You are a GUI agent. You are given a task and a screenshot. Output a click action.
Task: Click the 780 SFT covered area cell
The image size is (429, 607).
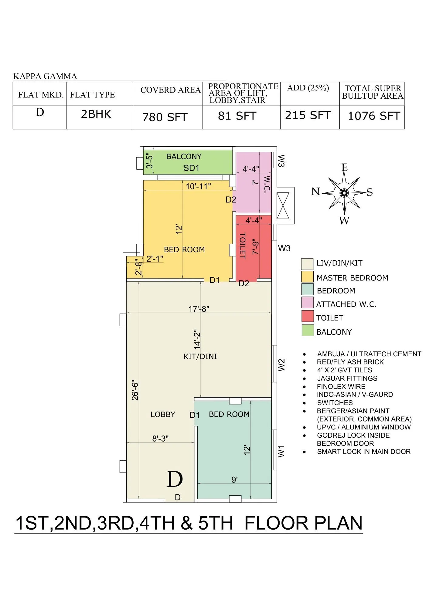click(165, 117)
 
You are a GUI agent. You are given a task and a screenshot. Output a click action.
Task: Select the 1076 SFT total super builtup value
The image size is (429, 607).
click(374, 116)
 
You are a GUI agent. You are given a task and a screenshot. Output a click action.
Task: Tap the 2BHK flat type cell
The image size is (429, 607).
click(96, 114)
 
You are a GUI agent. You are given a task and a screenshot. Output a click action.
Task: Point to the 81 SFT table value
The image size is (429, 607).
click(237, 116)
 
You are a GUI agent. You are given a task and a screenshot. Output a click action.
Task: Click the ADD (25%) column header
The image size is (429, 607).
click(308, 88)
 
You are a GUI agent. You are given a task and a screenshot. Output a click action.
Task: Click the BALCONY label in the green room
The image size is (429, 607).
click(184, 157)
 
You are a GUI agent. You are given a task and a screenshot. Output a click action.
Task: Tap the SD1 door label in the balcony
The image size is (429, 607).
click(191, 168)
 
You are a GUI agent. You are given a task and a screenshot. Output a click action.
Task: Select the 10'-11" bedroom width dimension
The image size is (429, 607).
click(198, 186)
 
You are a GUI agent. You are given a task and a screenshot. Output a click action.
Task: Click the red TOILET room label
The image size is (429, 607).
click(242, 246)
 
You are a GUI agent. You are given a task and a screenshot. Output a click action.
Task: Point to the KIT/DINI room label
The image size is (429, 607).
click(200, 357)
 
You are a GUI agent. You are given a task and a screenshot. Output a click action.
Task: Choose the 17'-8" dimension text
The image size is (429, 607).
click(199, 309)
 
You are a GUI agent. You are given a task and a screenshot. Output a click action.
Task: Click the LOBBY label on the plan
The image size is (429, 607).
click(163, 415)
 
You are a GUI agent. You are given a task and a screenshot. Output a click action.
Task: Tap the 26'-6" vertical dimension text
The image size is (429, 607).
click(135, 391)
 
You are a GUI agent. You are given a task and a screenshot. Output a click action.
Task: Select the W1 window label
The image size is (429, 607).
click(281, 451)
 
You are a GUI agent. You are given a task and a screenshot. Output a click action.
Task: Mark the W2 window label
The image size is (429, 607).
click(281, 365)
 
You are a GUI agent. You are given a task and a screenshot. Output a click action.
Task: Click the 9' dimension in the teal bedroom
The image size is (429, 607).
click(234, 480)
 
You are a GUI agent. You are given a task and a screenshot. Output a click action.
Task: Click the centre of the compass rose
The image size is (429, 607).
click(344, 193)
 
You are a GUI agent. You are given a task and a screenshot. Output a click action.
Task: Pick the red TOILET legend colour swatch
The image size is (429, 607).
click(307, 316)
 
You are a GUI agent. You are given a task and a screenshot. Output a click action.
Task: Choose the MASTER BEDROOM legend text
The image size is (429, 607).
click(352, 278)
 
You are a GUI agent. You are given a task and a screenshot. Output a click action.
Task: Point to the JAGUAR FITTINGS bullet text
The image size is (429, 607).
click(347, 378)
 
